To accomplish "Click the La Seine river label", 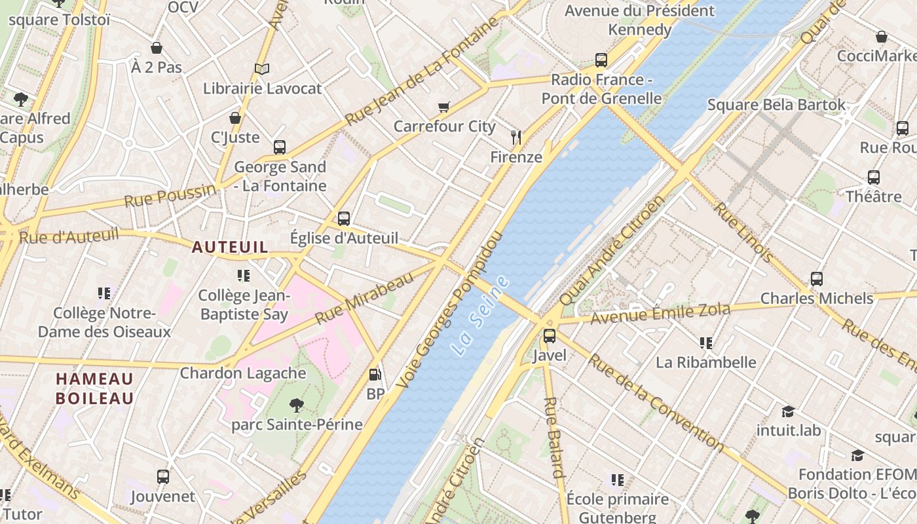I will (x=480, y=316).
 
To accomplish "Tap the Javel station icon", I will (x=550, y=336).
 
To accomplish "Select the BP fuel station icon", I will (x=375, y=375).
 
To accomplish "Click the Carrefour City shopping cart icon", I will (x=444, y=107).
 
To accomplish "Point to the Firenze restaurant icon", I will (x=516, y=137).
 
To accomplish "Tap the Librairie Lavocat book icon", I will (x=262, y=69).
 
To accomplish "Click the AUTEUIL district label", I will (x=230, y=248).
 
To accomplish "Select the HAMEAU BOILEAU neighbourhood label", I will (x=95, y=388).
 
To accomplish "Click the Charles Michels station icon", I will (x=816, y=279).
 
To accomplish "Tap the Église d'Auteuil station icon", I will (x=344, y=219).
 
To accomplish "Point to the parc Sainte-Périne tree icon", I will (x=297, y=405).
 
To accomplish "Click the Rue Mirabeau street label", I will (x=365, y=298).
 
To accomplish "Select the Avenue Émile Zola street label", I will (x=660, y=313).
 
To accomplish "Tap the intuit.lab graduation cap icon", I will (x=788, y=411).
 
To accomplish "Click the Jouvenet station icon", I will (x=163, y=477).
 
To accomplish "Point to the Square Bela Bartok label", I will (x=776, y=105).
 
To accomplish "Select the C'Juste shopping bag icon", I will (x=235, y=118).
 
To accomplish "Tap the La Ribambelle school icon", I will (x=706, y=343).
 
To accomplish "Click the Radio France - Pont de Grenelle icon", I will (x=601, y=60).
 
